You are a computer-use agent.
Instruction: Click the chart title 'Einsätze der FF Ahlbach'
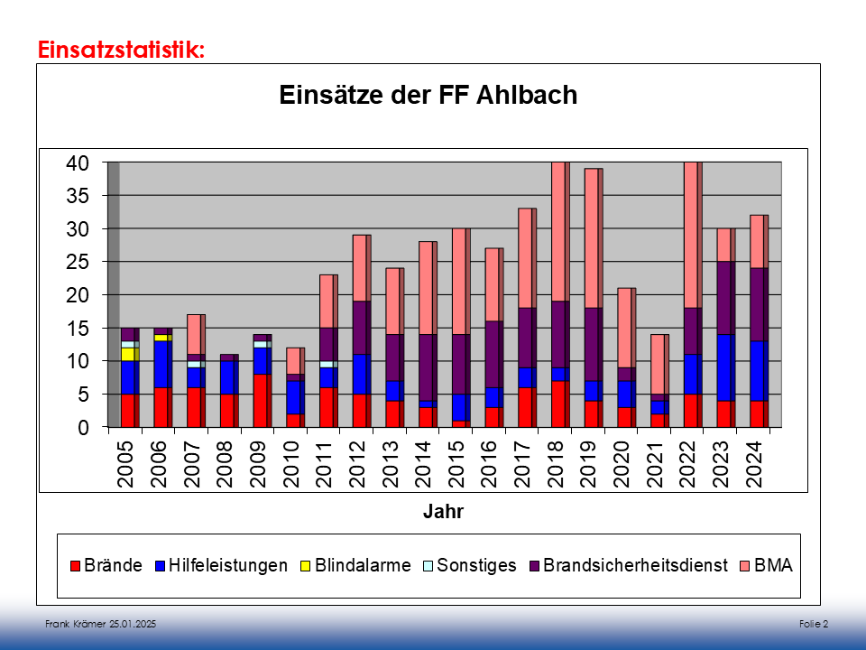click(428, 96)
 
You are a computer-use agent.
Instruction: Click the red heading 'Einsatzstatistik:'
click(122, 50)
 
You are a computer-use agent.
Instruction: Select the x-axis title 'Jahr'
click(443, 513)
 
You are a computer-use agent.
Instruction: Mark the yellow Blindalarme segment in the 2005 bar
click(128, 354)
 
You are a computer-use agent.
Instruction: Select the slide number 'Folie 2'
click(813, 625)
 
